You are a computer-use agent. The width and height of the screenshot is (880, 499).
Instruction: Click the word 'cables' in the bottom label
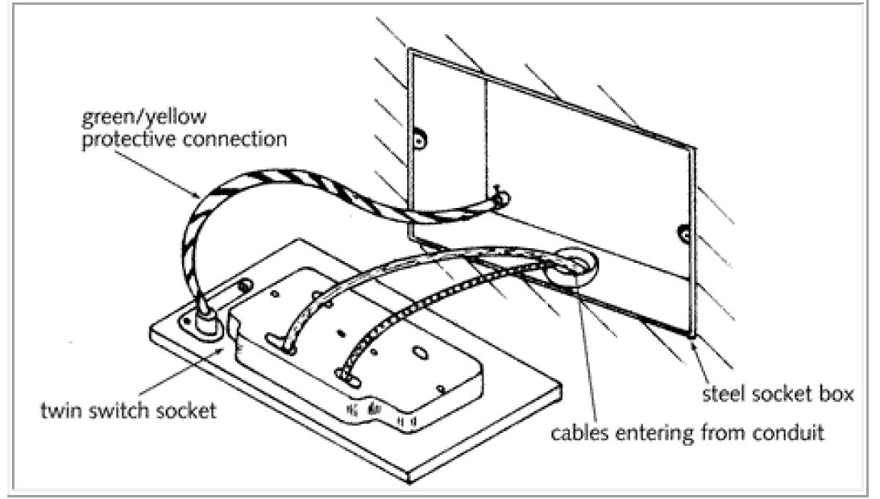point(579,433)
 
